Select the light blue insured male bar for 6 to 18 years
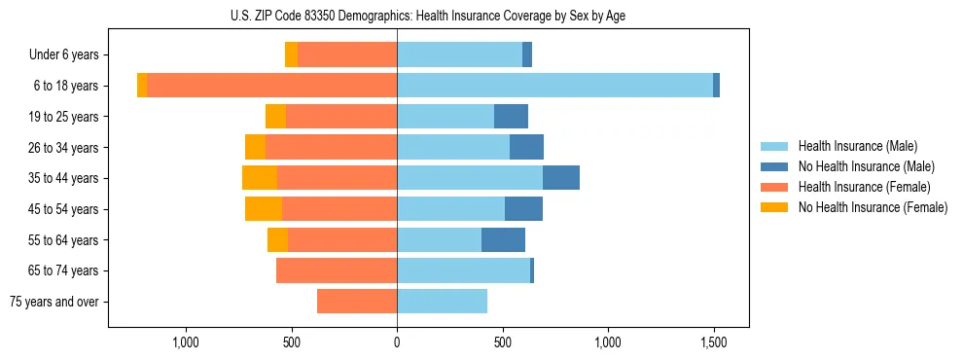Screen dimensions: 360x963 click(554, 86)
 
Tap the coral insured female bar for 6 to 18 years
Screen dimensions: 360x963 click(271, 86)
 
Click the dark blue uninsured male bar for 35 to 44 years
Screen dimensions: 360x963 click(561, 178)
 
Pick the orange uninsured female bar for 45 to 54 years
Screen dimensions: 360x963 click(264, 208)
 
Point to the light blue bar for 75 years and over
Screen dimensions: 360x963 click(442, 302)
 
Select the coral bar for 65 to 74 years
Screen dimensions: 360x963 click(337, 270)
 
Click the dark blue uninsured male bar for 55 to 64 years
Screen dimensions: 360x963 click(503, 239)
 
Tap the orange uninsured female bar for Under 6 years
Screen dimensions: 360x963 click(291, 54)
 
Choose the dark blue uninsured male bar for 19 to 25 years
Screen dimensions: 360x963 click(511, 117)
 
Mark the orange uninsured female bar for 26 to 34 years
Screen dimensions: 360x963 click(255, 147)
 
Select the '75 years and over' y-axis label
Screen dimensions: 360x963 click(53, 302)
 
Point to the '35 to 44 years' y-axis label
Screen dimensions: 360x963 click(64, 178)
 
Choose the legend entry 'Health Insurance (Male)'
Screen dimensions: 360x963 click(857, 146)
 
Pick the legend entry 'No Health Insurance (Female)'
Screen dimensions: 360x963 click(873, 207)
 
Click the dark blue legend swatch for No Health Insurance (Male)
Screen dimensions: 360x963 click(774, 166)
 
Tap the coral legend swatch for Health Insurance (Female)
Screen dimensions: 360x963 click(774, 187)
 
